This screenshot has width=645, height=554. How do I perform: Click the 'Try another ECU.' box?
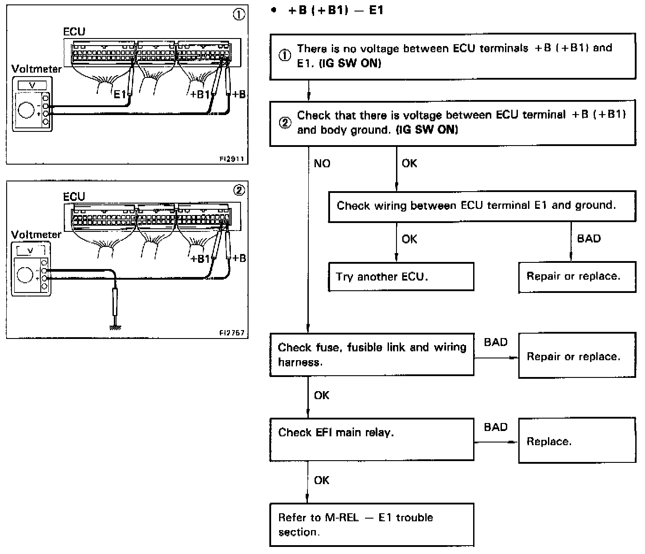(x=401, y=277)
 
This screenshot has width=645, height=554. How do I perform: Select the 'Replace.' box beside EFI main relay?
(x=577, y=441)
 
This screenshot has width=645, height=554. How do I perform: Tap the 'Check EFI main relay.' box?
(x=372, y=440)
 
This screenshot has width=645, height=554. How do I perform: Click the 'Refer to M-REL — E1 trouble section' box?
(x=372, y=524)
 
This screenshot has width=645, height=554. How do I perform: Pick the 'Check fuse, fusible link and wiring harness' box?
(x=372, y=355)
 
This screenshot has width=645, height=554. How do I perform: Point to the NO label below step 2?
(x=322, y=164)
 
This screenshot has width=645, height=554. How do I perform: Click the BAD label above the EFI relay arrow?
(x=496, y=427)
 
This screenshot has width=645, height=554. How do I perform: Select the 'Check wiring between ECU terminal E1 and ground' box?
(x=482, y=206)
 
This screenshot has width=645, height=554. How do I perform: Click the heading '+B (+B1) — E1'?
(x=336, y=10)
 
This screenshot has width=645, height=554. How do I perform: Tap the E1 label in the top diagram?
(x=120, y=94)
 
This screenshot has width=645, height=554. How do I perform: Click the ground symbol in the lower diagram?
(x=116, y=327)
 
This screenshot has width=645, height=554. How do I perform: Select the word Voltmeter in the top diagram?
(x=36, y=69)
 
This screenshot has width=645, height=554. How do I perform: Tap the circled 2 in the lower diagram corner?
(x=238, y=190)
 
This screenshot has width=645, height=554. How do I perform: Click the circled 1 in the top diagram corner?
(x=238, y=15)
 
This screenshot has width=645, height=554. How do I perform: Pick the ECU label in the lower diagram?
(x=74, y=196)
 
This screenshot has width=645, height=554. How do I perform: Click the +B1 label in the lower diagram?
(x=199, y=258)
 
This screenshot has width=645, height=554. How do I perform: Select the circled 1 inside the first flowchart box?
(x=284, y=56)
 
